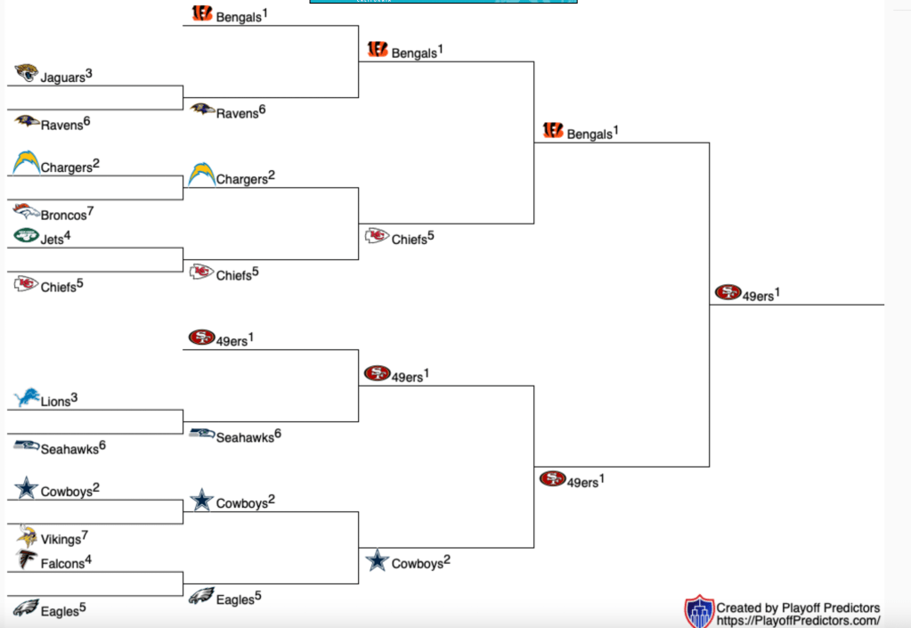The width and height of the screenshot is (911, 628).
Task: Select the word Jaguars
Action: pyautogui.click(x=62, y=78)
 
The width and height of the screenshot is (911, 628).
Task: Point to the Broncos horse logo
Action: pyautogui.click(x=27, y=212)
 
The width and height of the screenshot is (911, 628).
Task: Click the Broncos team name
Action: pyautogui.click(x=63, y=216)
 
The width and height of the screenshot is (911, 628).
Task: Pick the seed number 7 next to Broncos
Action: pyautogui.click(x=91, y=210)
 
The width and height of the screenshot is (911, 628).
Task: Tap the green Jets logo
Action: pyautogui.click(x=27, y=236)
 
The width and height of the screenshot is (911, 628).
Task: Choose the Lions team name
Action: pyautogui.click(x=55, y=402)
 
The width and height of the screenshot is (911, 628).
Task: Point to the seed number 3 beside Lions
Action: pyautogui.click(x=75, y=397)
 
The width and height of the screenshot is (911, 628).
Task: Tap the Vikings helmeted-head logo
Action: pyautogui.click(x=27, y=534)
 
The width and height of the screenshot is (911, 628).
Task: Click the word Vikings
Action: pyautogui.click(x=61, y=539)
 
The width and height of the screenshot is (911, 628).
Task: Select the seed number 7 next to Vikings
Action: pyautogui.click(x=85, y=534)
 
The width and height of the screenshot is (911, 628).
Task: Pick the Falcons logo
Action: pyautogui.click(x=27, y=559)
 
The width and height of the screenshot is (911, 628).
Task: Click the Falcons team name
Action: pyautogui.click(x=62, y=564)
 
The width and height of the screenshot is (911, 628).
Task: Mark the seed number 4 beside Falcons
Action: pyautogui.click(x=88, y=559)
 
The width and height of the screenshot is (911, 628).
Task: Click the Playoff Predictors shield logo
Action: pyautogui.click(x=699, y=612)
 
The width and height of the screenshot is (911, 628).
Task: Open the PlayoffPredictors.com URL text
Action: pyautogui.click(x=799, y=621)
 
